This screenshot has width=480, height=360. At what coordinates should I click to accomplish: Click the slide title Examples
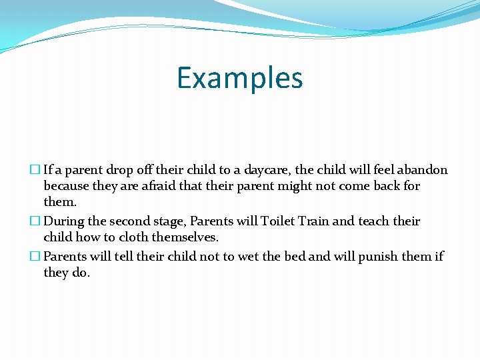point(240,78)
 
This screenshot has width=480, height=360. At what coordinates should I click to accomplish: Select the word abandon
point(421,170)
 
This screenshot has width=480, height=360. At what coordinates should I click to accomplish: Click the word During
point(65,221)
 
